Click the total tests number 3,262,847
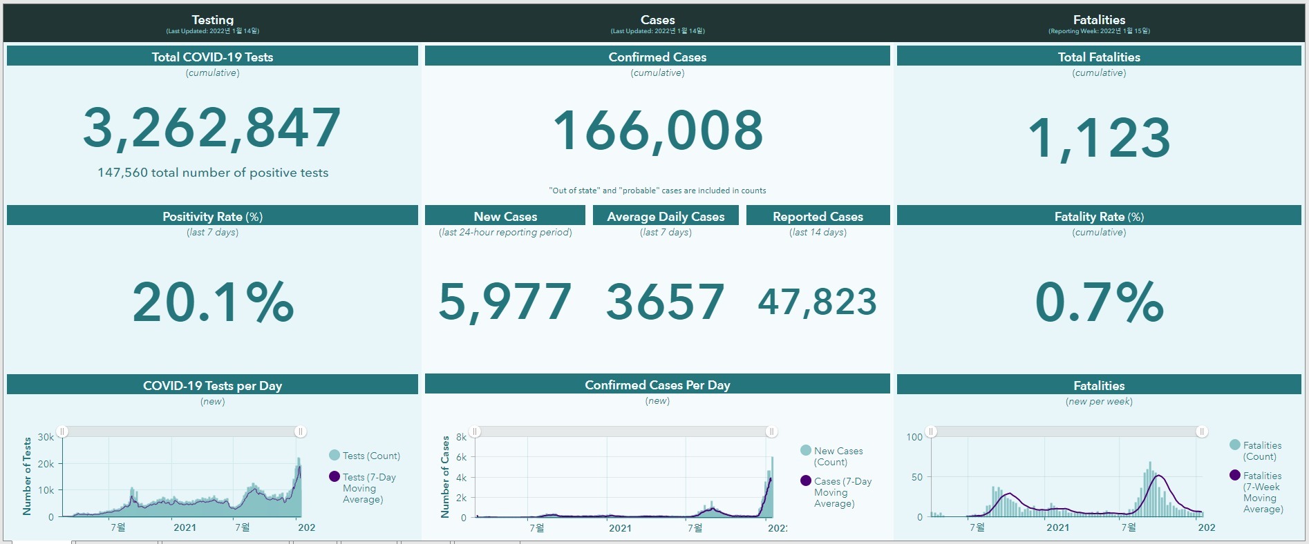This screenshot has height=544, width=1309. (x=212, y=128)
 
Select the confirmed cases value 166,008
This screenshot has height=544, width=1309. (x=657, y=130)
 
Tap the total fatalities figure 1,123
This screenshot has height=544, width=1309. (x=1099, y=137)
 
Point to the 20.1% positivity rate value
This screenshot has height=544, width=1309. (x=213, y=302)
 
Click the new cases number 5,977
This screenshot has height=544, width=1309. (x=505, y=302)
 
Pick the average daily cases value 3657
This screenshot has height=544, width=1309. (x=666, y=302)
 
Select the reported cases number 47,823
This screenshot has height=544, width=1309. (x=818, y=302)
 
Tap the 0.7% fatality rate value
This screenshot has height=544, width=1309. (x=1099, y=302)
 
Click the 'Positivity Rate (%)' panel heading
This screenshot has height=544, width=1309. (x=212, y=216)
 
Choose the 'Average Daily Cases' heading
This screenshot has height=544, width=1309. (x=666, y=216)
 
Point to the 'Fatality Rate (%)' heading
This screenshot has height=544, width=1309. (x=1099, y=216)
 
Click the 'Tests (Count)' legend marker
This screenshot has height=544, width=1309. (x=335, y=455)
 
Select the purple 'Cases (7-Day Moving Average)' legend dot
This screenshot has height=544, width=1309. (x=806, y=480)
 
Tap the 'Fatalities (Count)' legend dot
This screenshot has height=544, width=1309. (x=1235, y=445)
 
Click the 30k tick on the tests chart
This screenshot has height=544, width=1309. (x=46, y=437)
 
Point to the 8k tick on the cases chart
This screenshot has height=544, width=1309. (x=461, y=437)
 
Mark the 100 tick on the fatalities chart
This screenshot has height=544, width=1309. (x=914, y=437)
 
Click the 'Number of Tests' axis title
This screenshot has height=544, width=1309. (x=27, y=476)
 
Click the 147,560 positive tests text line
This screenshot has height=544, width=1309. (x=213, y=173)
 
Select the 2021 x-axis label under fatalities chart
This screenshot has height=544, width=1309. (x=1057, y=527)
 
